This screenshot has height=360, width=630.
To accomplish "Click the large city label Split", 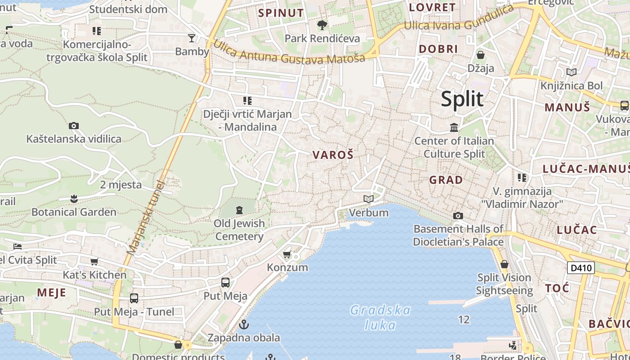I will pos(462,99).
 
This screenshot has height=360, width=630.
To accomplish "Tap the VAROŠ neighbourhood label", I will pos(333,155).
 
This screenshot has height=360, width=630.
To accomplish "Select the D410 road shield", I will pos(580,268).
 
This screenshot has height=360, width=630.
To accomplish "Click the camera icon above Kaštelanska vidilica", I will pos(74,126).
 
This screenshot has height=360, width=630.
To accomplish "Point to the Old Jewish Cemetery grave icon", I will pos(239,210).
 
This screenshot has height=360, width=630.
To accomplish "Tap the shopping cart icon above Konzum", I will pos(287,255).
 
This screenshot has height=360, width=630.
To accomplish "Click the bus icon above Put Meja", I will pos(225,283).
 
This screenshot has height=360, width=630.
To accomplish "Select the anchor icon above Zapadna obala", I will pos(244,324).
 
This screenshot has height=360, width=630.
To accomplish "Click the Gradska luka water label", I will pos(380,317).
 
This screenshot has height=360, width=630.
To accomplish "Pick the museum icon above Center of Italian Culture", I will pos(454,128).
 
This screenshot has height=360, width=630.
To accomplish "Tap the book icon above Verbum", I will pos(369,199).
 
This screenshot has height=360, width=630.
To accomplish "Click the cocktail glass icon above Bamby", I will pos(192,38).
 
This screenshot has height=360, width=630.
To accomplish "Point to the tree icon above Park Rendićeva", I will pos(322,25).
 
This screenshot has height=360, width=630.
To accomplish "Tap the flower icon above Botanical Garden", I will pos(74,198).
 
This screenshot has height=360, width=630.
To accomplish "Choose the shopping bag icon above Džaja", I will pos(481,55).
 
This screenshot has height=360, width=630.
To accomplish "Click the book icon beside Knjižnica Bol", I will pos(571,72).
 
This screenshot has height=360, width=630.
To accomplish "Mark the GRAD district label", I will pos(445,180).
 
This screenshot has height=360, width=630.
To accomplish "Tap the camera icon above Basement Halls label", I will pos(458,216).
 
